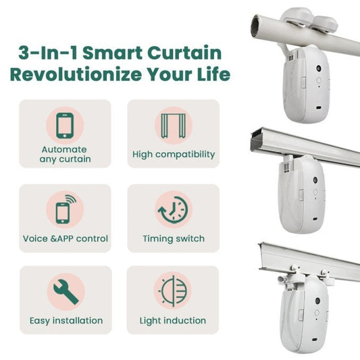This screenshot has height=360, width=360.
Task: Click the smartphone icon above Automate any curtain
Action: [65, 126]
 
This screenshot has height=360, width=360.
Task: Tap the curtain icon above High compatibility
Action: [173, 126]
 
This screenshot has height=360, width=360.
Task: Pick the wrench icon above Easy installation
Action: [65, 291]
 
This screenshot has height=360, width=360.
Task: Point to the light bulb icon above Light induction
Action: [173, 291]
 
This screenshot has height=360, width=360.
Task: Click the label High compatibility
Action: [173, 155]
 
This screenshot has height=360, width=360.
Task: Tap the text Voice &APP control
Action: [65, 238]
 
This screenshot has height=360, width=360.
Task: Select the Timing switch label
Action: [173, 238]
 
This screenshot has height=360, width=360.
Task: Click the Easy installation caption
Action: [66, 320]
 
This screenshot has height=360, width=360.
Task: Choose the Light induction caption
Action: [173, 320]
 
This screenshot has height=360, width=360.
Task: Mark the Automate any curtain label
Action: [65, 155]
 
